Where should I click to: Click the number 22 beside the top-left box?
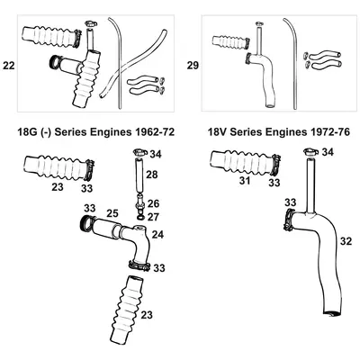9,66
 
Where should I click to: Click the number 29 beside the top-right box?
190,66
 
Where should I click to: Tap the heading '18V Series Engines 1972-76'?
267,131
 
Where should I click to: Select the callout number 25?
113,212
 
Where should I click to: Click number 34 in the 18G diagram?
156,154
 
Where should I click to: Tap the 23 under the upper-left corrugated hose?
56,189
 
